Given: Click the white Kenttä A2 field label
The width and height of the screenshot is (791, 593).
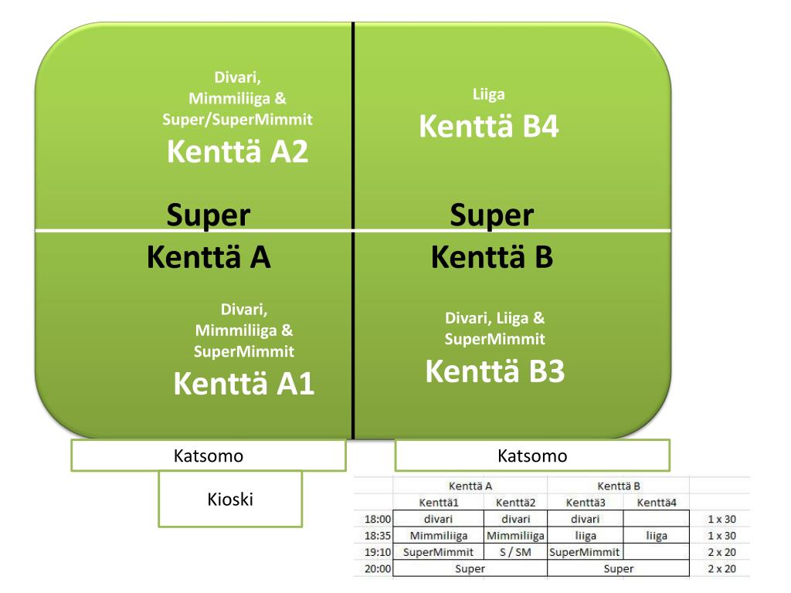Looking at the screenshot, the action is tap(237, 152).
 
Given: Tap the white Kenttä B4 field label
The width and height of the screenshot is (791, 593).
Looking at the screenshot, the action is tap(489, 127).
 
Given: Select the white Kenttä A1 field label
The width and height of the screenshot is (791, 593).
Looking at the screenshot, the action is tap(243, 383).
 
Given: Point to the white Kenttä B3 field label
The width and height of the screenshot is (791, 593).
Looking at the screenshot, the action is tap(495, 372).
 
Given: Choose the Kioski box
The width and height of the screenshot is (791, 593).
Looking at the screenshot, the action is tap(229, 500).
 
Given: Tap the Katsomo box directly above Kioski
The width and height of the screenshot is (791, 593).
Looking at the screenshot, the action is tap(208, 456).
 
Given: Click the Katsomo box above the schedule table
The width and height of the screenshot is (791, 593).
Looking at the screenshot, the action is tap(532, 456).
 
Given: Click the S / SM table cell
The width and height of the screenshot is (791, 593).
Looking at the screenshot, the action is tap(515, 552).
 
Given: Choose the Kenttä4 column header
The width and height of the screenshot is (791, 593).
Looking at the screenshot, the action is tap(656, 503).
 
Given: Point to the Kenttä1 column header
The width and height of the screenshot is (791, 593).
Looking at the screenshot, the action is tap(438, 503).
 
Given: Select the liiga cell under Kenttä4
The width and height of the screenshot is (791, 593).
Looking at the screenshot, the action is tap(656, 536).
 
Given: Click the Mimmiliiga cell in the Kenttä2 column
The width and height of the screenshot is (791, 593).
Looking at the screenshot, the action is tap(515, 536).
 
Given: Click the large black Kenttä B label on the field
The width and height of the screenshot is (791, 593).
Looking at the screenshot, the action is tap(492, 257).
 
